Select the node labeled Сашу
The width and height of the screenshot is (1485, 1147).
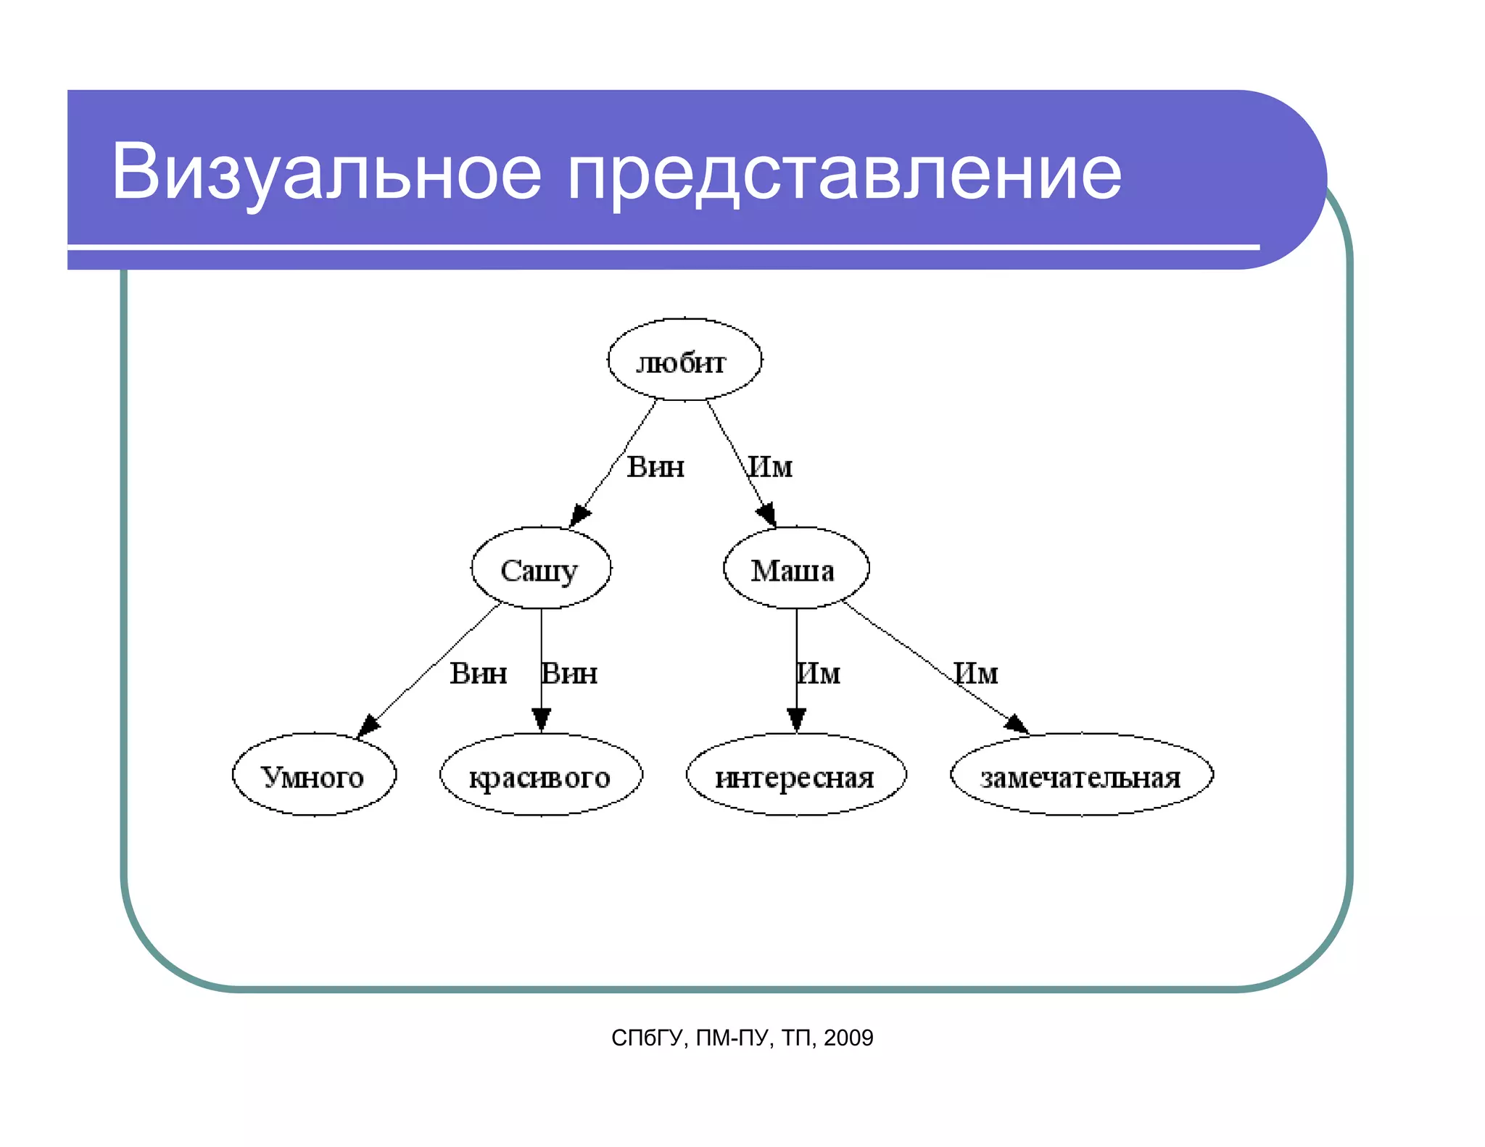(540, 568)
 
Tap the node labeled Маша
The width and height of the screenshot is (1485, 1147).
(795, 568)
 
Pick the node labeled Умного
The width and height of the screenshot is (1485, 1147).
(313, 775)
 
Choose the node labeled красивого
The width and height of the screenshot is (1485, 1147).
(540, 775)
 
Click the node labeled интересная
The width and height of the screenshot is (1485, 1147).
(795, 775)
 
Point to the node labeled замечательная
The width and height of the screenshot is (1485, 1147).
(1081, 775)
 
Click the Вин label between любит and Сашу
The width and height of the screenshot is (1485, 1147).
(655, 466)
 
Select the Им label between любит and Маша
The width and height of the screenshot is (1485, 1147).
(771, 466)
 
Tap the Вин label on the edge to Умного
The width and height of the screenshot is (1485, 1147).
(478, 674)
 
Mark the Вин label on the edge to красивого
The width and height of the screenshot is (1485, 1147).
(570, 674)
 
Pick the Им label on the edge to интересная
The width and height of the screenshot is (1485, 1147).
(819, 674)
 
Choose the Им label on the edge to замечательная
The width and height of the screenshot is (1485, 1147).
(976, 674)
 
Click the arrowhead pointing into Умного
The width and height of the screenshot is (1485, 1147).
(368, 725)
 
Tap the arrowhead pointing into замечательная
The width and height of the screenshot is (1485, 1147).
(1017, 723)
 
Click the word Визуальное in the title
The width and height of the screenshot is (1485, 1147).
(326, 172)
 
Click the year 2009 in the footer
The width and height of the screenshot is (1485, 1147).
(848, 1038)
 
